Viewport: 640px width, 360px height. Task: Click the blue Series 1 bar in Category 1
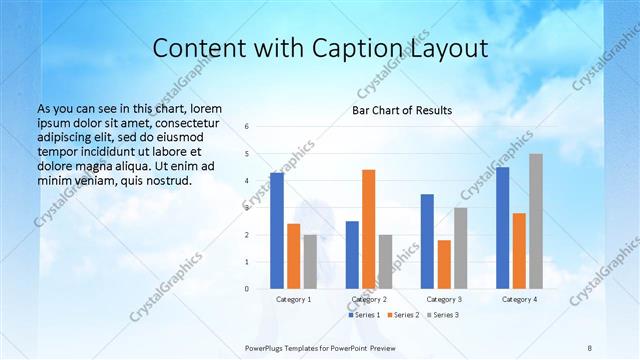[277, 231]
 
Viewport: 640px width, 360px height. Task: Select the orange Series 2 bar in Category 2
[368, 229]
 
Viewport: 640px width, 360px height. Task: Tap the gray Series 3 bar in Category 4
[536, 221]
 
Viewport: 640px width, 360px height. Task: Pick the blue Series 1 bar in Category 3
[427, 241]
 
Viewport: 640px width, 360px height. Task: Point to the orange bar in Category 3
[444, 264]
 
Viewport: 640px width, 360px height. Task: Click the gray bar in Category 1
[310, 262]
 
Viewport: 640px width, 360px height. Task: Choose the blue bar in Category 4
[502, 228]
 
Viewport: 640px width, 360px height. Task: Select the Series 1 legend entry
[364, 315]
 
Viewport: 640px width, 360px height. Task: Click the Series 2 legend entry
[402, 315]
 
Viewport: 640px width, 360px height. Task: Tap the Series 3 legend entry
[442, 315]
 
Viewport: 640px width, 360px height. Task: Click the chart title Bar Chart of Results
[401, 110]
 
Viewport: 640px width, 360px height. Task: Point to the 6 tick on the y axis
[247, 127]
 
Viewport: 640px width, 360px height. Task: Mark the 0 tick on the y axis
[247, 289]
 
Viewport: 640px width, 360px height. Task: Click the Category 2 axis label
[369, 299]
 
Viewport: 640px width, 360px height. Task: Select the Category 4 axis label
[519, 299]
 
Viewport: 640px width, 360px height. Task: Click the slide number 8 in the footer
[590, 345]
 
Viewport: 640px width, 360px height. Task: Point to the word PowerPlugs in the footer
[268, 345]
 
